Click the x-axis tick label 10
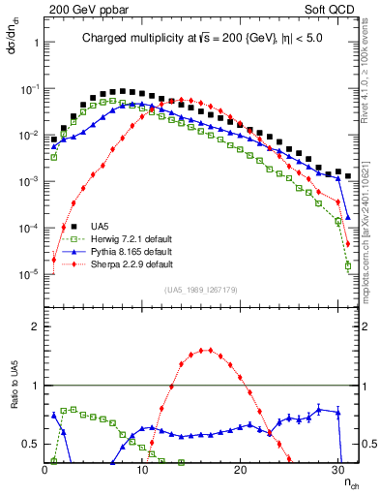coord(143,468)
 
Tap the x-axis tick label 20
coord(241,468)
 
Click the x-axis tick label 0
coord(45,468)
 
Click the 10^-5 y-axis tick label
coord(27,274)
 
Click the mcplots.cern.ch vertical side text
coord(371,223)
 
